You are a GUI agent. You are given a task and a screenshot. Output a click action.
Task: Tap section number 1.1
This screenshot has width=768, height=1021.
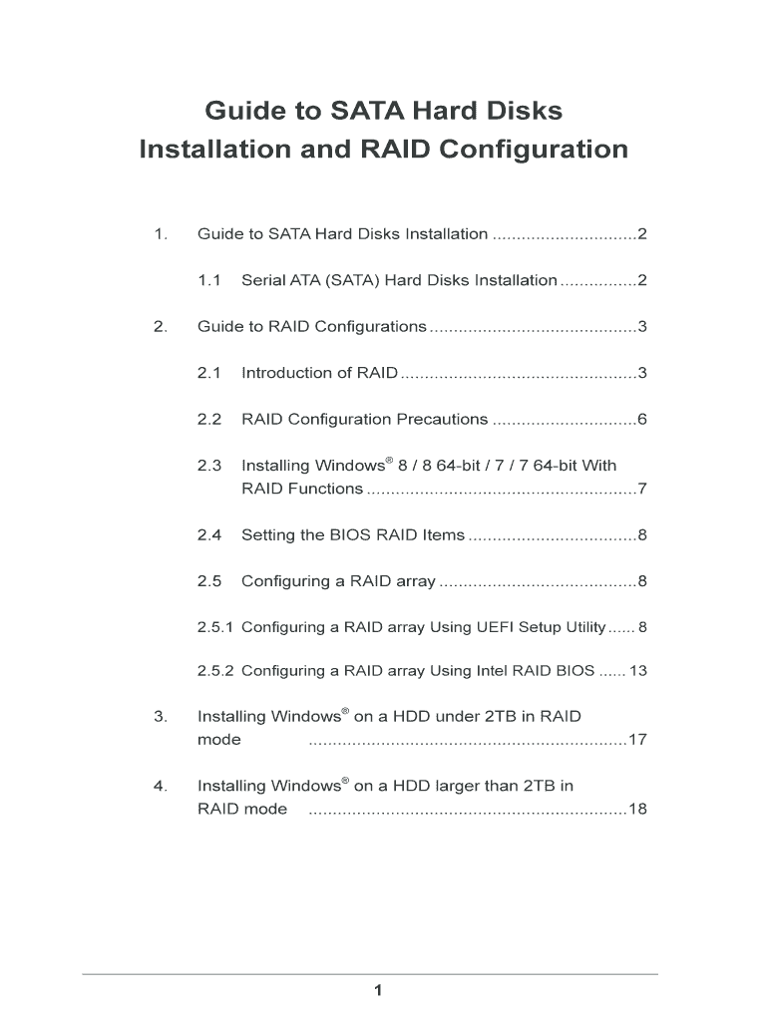pos(208,280)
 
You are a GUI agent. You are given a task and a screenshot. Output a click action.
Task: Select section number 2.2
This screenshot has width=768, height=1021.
pos(208,419)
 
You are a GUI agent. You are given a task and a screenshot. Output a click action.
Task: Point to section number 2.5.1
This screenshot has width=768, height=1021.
pos(215,627)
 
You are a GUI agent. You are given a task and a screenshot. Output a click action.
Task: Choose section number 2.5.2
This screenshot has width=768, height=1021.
pos(215,671)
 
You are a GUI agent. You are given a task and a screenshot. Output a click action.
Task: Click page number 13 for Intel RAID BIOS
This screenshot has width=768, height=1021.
pos(638,671)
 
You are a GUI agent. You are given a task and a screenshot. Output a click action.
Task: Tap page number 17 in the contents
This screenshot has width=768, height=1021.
pos(638,740)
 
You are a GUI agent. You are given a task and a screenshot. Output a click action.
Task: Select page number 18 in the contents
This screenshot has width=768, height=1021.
pos(638,809)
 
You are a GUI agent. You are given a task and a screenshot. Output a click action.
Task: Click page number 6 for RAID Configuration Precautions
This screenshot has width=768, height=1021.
pos(643,419)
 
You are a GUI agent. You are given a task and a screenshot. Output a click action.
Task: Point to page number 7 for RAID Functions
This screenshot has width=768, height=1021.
pos(643,489)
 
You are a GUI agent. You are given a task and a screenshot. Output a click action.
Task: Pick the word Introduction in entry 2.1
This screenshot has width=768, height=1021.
pos(287,373)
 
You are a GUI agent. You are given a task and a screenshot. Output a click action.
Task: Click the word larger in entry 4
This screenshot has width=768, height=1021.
pos(456,786)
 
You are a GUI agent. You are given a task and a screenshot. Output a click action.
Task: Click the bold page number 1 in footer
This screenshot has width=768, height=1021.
pos(378,990)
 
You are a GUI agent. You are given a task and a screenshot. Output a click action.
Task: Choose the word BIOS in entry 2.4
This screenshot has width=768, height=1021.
pos(350,535)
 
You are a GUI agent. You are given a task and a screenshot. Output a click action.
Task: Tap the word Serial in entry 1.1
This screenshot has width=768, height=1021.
pos(263,280)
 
